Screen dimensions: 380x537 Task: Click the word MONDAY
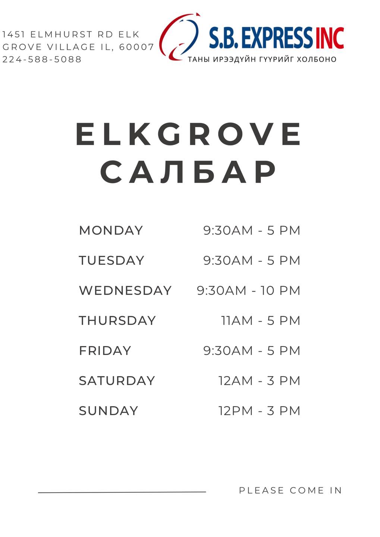(x=111, y=230)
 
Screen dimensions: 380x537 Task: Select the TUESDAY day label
(x=112, y=260)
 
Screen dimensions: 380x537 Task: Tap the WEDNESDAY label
(x=125, y=290)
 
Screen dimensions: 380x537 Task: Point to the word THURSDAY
(x=117, y=321)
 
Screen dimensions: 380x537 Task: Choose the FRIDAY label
(x=105, y=351)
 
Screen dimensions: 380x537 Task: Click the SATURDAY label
(x=117, y=380)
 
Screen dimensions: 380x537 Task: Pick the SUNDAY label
(x=109, y=411)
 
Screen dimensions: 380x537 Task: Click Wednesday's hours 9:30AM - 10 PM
(x=248, y=290)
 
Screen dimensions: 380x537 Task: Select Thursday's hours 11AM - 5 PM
(x=261, y=321)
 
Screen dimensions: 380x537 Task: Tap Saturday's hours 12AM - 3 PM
(x=259, y=380)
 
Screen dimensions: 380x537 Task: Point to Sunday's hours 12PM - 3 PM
(x=259, y=411)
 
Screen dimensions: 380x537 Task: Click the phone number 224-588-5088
(x=42, y=59)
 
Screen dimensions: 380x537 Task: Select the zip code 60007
(x=136, y=47)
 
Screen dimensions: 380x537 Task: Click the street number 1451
(x=14, y=34)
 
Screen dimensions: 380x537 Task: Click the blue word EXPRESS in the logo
(x=277, y=38)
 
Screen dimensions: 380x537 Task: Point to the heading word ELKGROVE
(x=188, y=134)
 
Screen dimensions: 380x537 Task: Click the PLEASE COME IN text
(x=290, y=490)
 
